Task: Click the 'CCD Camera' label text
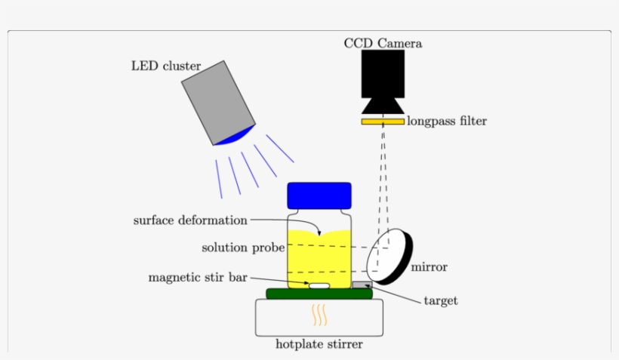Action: [x=383, y=44]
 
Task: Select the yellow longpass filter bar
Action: [x=383, y=121]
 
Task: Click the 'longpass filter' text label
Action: [x=447, y=121]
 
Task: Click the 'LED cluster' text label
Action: [x=166, y=66]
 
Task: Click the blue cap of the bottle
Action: [x=319, y=195]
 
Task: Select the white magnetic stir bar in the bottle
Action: [x=319, y=285]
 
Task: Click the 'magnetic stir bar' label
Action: [x=198, y=278]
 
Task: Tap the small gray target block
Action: [x=362, y=285]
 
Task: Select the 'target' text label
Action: [x=440, y=301]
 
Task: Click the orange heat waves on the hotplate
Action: [x=319, y=314]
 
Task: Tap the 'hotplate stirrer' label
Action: [x=319, y=345]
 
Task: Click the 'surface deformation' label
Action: [x=190, y=220]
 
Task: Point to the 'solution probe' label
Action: [x=243, y=248]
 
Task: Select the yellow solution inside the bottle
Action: [x=319, y=257]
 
